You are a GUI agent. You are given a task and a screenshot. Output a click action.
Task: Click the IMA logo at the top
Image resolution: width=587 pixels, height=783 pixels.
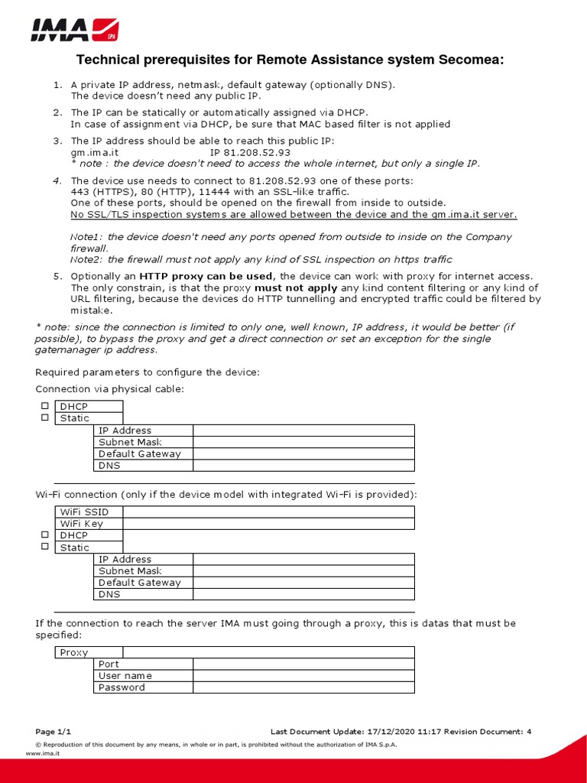tap(73, 30)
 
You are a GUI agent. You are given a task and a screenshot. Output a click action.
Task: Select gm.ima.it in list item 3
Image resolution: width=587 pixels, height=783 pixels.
tap(95, 153)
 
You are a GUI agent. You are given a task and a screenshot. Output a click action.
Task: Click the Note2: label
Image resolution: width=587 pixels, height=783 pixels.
tap(86, 260)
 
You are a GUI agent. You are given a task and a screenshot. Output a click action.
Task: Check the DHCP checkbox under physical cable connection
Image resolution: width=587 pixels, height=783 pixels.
tap(45, 406)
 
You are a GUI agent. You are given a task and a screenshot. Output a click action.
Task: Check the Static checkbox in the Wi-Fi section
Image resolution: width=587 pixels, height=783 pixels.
tap(45, 547)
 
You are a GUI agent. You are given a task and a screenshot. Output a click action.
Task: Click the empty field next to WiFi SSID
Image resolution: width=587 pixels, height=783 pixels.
tap(268, 512)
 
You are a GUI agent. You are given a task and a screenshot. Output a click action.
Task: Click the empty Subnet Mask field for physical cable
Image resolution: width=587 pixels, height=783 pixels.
tap(303, 442)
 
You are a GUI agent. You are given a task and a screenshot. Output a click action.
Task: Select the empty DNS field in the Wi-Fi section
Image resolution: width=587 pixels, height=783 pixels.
tap(303, 594)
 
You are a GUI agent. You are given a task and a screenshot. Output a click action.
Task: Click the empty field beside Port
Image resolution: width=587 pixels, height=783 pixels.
tap(303, 664)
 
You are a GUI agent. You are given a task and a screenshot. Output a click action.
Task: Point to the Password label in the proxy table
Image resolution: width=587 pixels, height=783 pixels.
tap(122, 687)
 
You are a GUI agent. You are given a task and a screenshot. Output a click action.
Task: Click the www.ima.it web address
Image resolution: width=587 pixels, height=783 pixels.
tap(43, 753)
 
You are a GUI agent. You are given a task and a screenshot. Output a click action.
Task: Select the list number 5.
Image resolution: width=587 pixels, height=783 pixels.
tap(57, 276)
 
